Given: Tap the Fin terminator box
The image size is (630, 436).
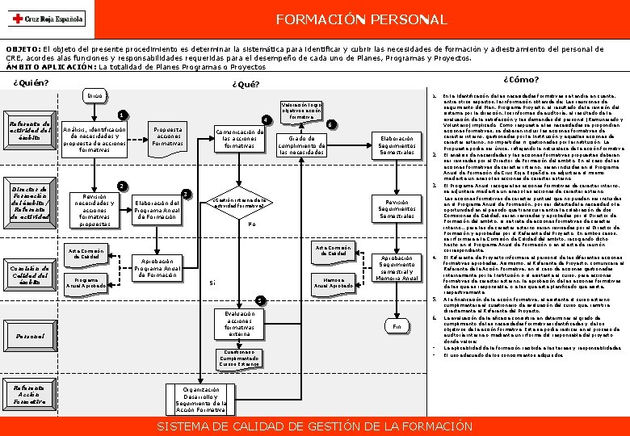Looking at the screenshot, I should point(397,326).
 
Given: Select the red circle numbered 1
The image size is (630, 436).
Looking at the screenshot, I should point(121,115).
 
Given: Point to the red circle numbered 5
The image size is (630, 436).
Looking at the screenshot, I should point(259,301).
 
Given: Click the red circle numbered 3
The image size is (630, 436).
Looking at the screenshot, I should point(187,193).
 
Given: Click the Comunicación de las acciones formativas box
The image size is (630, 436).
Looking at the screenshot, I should point(239,138).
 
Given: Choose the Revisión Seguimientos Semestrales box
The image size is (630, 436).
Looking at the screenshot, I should point(397,209).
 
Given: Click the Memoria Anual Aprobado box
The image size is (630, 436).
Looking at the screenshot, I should point(333,282).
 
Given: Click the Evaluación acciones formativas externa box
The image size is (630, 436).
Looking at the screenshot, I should point(239,324).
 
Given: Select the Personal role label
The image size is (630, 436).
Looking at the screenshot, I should point(29,335).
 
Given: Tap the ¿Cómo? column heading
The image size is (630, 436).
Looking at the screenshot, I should point(521,79).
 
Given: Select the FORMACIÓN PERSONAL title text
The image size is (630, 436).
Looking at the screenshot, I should point(361,19).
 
